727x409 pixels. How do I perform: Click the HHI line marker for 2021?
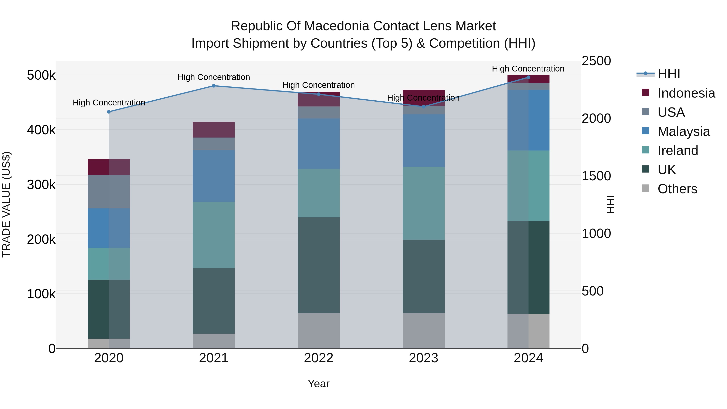[x=214, y=86]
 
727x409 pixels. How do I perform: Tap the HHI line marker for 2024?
[x=529, y=77]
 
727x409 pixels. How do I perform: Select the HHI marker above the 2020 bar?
[x=109, y=112]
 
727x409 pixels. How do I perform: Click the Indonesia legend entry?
[x=686, y=93]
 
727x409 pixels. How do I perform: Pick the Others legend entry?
[x=677, y=189]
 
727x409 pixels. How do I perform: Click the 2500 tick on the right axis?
[x=596, y=61]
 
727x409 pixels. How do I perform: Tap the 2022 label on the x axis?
[x=319, y=358]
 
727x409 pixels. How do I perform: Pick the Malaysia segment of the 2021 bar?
[x=214, y=176]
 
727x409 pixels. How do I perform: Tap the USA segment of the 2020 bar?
[x=109, y=192]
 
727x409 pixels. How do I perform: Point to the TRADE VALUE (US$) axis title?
[x=6, y=204]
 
